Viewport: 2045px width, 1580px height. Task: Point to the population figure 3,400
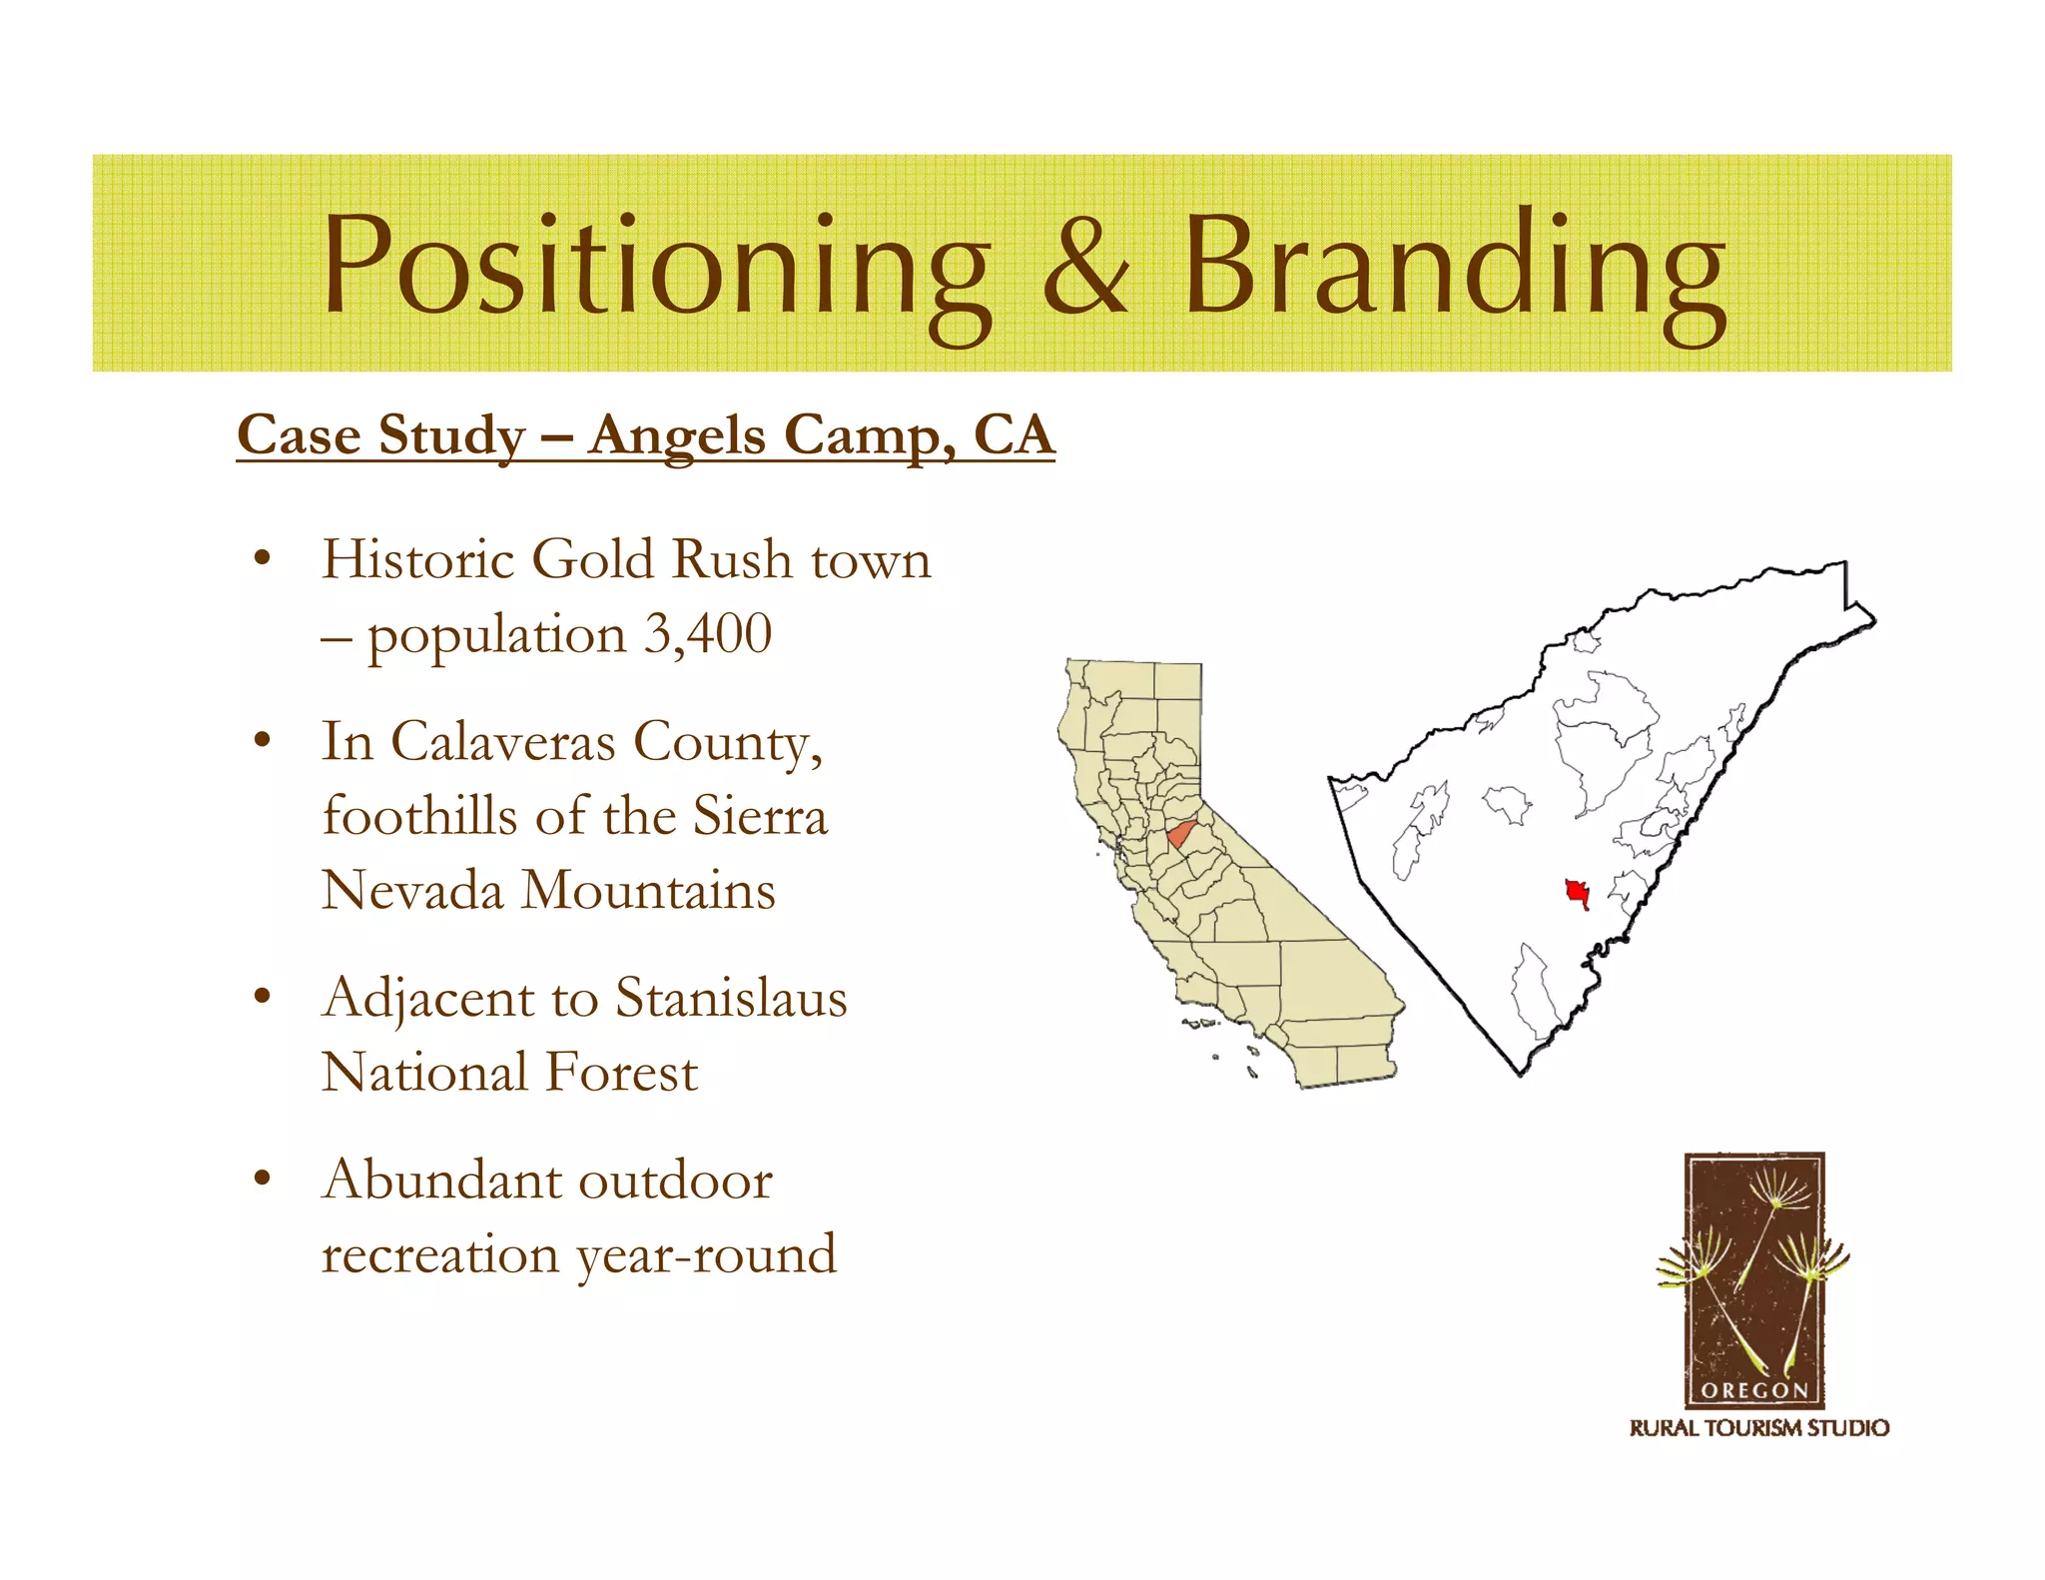[708, 634]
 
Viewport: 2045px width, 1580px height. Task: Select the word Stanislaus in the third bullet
[731, 998]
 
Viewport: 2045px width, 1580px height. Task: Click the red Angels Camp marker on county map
[1577, 892]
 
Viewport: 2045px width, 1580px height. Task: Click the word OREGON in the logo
[1754, 1390]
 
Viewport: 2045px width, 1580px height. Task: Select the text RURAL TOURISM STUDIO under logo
[1758, 1428]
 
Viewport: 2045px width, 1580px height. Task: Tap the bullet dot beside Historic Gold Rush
[263, 559]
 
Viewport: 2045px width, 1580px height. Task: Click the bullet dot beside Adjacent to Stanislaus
[263, 997]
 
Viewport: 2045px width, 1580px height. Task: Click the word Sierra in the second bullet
[760, 817]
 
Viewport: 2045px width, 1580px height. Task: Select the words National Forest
[509, 1073]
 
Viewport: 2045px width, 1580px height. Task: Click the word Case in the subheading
[299, 436]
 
